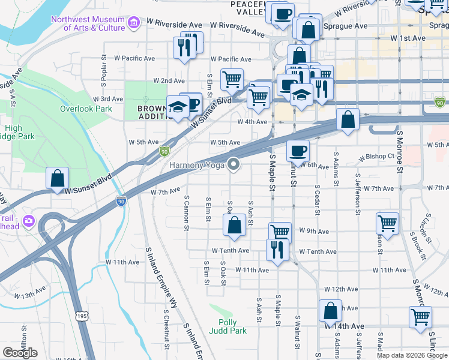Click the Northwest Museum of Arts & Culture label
coord(88,23)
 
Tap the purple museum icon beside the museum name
coord(133,23)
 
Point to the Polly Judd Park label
coord(228,326)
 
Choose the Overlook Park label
coord(86,109)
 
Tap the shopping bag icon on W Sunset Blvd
coord(57,178)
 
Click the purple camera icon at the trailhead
coord(28,221)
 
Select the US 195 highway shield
coord(82,315)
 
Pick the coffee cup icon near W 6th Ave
coord(297,150)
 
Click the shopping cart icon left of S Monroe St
coord(388,223)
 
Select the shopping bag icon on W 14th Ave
coord(330,310)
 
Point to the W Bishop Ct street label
coord(376,157)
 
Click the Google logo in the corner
coord(20,353)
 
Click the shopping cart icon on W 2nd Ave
coord(232,79)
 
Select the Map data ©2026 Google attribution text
coord(412,355)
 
